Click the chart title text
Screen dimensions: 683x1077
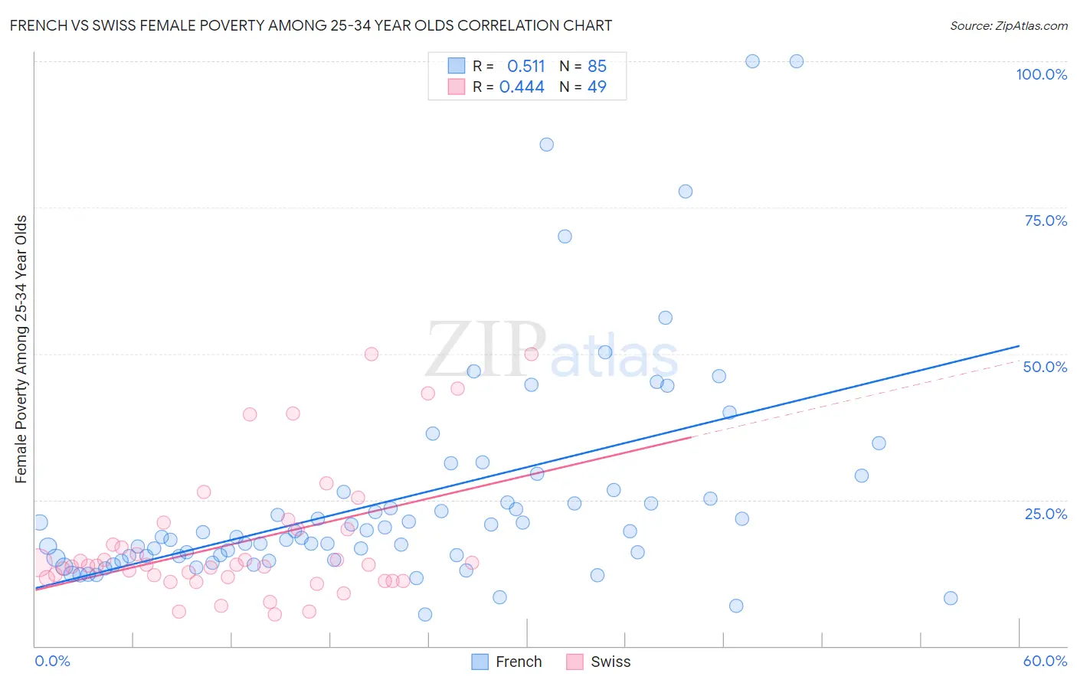click(311, 25)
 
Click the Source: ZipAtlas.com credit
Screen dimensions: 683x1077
click(1008, 25)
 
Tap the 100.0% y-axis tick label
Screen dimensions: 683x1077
click(1041, 74)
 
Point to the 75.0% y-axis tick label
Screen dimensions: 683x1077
click(1046, 221)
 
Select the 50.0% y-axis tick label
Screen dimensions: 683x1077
click(1045, 367)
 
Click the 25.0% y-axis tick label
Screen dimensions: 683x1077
click(1046, 514)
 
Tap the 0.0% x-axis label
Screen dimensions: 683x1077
click(52, 661)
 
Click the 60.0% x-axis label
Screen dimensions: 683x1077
click(1045, 661)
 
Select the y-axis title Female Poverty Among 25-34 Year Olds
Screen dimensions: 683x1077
click(21, 349)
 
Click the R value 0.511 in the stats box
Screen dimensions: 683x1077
click(525, 67)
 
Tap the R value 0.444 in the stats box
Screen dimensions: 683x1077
click(522, 87)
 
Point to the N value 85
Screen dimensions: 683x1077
click(597, 67)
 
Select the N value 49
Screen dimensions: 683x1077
click(597, 87)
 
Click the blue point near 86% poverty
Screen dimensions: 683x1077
click(546, 145)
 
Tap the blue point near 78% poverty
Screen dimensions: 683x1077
click(686, 191)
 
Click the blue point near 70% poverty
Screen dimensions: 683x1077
click(565, 237)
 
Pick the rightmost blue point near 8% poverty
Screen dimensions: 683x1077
click(951, 598)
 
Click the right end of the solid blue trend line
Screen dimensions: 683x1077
click(1019, 346)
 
